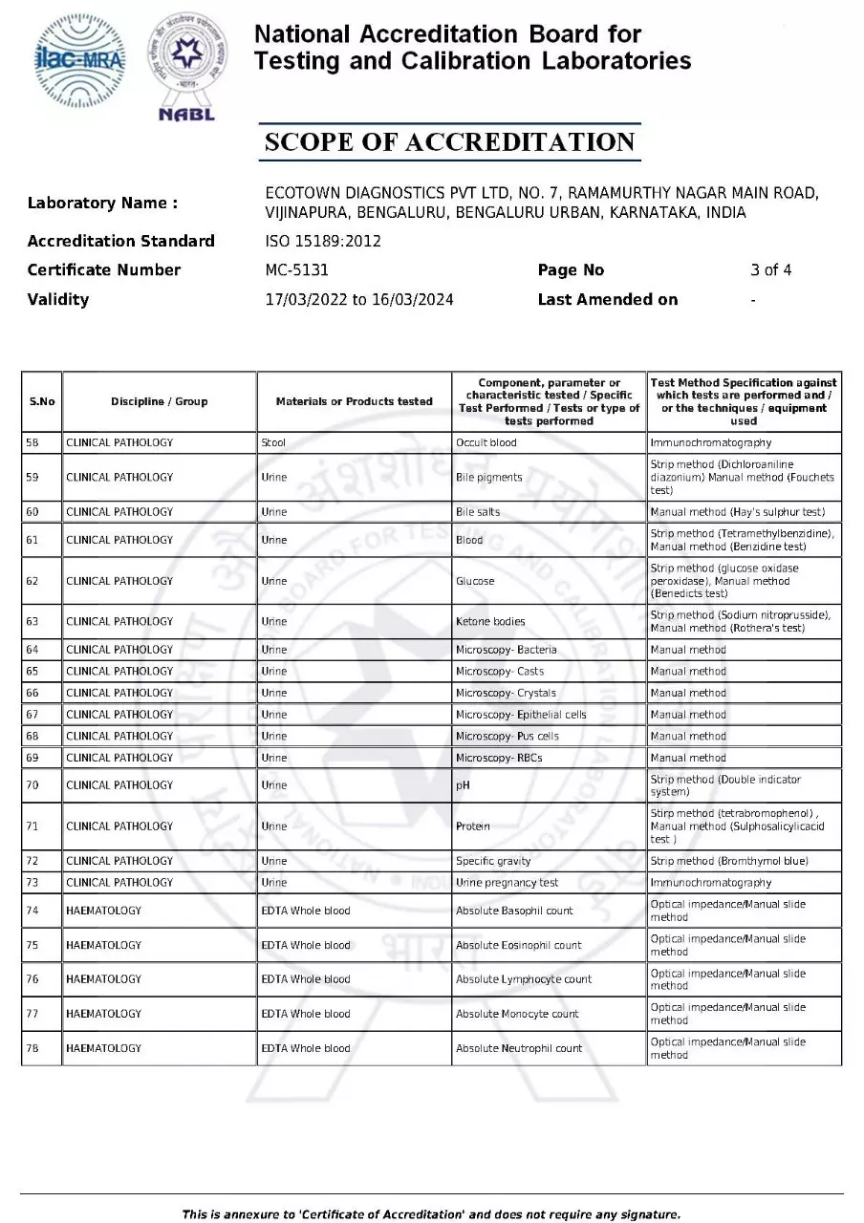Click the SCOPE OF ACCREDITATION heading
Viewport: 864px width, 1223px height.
(x=449, y=142)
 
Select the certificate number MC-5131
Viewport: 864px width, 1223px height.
(x=296, y=270)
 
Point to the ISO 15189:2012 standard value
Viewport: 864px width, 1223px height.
(x=322, y=241)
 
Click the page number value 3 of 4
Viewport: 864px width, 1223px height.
(x=770, y=270)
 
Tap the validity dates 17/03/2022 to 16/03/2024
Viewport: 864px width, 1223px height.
(x=358, y=300)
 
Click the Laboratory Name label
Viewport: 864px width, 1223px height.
(x=102, y=203)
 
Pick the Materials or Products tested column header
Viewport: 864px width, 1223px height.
(x=354, y=401)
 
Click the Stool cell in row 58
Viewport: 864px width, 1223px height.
(x=273, y=443)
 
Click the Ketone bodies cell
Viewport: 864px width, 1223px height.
(x=490, y=622)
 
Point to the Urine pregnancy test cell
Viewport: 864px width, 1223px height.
(x=507, y=883)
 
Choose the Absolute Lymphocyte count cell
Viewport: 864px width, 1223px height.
(x=523, y=979)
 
